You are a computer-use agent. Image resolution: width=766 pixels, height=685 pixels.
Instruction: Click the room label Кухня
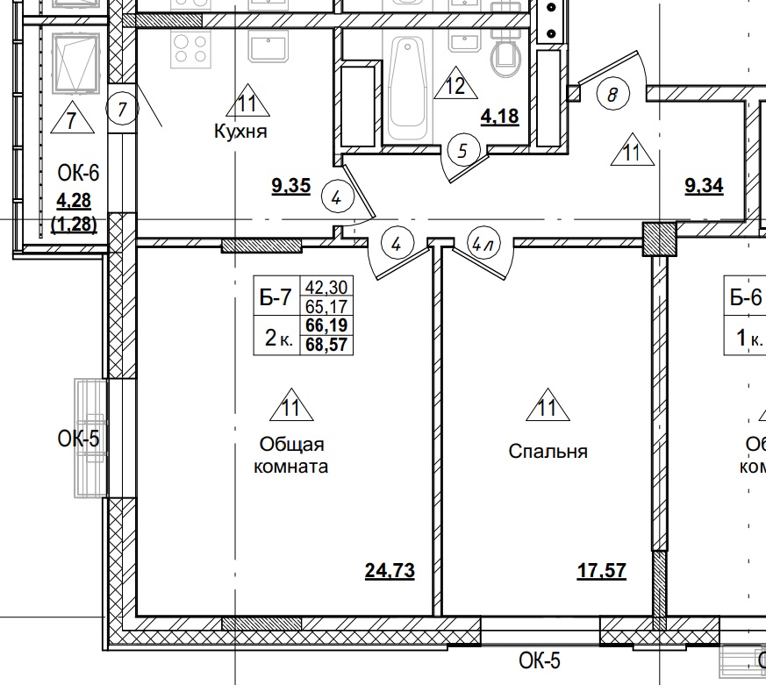[x=240, y=132]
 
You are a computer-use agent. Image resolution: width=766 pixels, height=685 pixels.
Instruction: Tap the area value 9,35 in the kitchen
[x=291, y=186]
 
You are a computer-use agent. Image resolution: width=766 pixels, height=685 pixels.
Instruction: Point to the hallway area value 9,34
[x=704, y=186]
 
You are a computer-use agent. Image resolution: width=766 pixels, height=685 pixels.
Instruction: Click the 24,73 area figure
[x=390, y=572]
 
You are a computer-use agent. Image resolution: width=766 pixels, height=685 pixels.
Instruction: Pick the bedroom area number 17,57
[x=601, y=572]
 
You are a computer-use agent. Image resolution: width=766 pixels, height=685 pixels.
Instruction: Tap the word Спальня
[x=548, y=452]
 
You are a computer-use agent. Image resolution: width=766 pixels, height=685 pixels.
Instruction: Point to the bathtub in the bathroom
[x=410, y=88]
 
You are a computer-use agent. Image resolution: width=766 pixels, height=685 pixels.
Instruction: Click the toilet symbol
[x=508, y=54]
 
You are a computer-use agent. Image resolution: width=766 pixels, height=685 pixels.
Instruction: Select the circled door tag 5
[x=463, y=150]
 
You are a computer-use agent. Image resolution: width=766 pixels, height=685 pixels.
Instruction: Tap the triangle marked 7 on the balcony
[x=72, y=117]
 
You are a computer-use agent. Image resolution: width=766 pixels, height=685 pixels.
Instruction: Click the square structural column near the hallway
[x=660, y=239]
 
